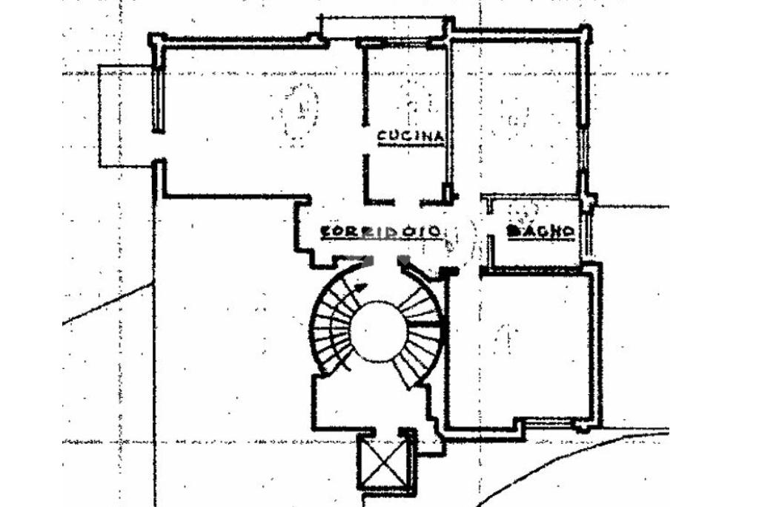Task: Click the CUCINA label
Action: point(411,137)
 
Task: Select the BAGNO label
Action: point(541,232)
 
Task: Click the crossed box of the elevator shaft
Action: point(387,463)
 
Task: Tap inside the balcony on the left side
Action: point(126,115)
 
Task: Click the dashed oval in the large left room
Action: point(299,111)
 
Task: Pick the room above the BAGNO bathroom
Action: point(514,115)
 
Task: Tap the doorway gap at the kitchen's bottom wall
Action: point(407,203)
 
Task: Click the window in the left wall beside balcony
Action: point(158,100)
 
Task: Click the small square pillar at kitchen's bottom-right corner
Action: point(448,194)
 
